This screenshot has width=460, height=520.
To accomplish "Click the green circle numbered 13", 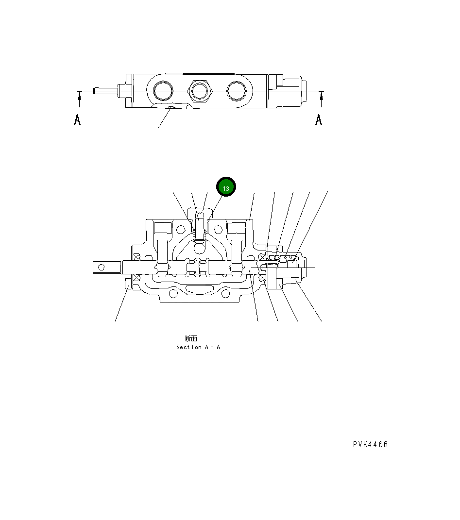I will (x=226, y=187).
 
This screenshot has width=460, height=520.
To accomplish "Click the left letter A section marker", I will (x=77, y=119).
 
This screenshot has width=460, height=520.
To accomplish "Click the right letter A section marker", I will (x=319, y=119).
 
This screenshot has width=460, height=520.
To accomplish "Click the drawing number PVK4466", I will (x=370, y=444).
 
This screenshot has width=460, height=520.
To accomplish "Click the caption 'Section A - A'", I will (x=198, y=347).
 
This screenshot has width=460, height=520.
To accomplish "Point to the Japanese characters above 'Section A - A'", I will (x=191, y=338).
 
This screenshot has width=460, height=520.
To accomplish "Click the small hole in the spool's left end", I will (x=102, y=267).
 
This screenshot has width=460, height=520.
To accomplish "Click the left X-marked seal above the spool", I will (x=136, y=256).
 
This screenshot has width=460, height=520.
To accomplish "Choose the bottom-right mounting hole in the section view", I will (x=225, y=294).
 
